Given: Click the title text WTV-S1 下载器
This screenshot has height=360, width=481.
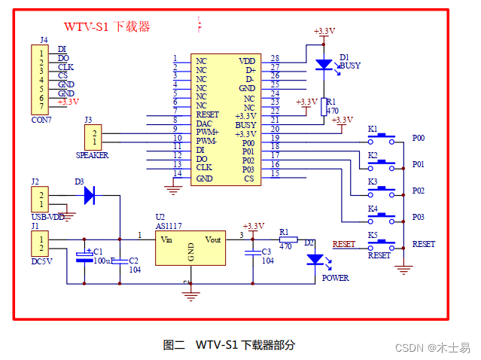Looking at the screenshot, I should pyautogui.click(x=107, y=27).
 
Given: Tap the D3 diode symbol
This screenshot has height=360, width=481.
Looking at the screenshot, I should pyautogui.click(x=90, y=195).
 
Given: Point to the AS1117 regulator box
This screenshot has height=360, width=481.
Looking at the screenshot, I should pyautogui.click(x=190, y=248).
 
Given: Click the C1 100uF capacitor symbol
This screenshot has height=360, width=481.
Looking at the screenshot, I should pyautogui.click(x=84, y=258).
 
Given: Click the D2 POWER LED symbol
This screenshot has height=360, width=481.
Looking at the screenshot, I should pyautogui.click(x=314, y=260).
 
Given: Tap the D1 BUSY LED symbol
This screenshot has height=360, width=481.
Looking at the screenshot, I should pyautogui.click(x=324, y=66).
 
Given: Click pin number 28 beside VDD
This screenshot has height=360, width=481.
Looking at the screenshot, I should pyautogui.click(x=275, y=59).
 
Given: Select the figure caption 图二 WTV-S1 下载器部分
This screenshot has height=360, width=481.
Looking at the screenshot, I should pyautogui.click(x=229, y=345).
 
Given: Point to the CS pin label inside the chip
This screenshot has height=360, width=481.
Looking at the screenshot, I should pyautogui.click(x=248, y=178).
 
